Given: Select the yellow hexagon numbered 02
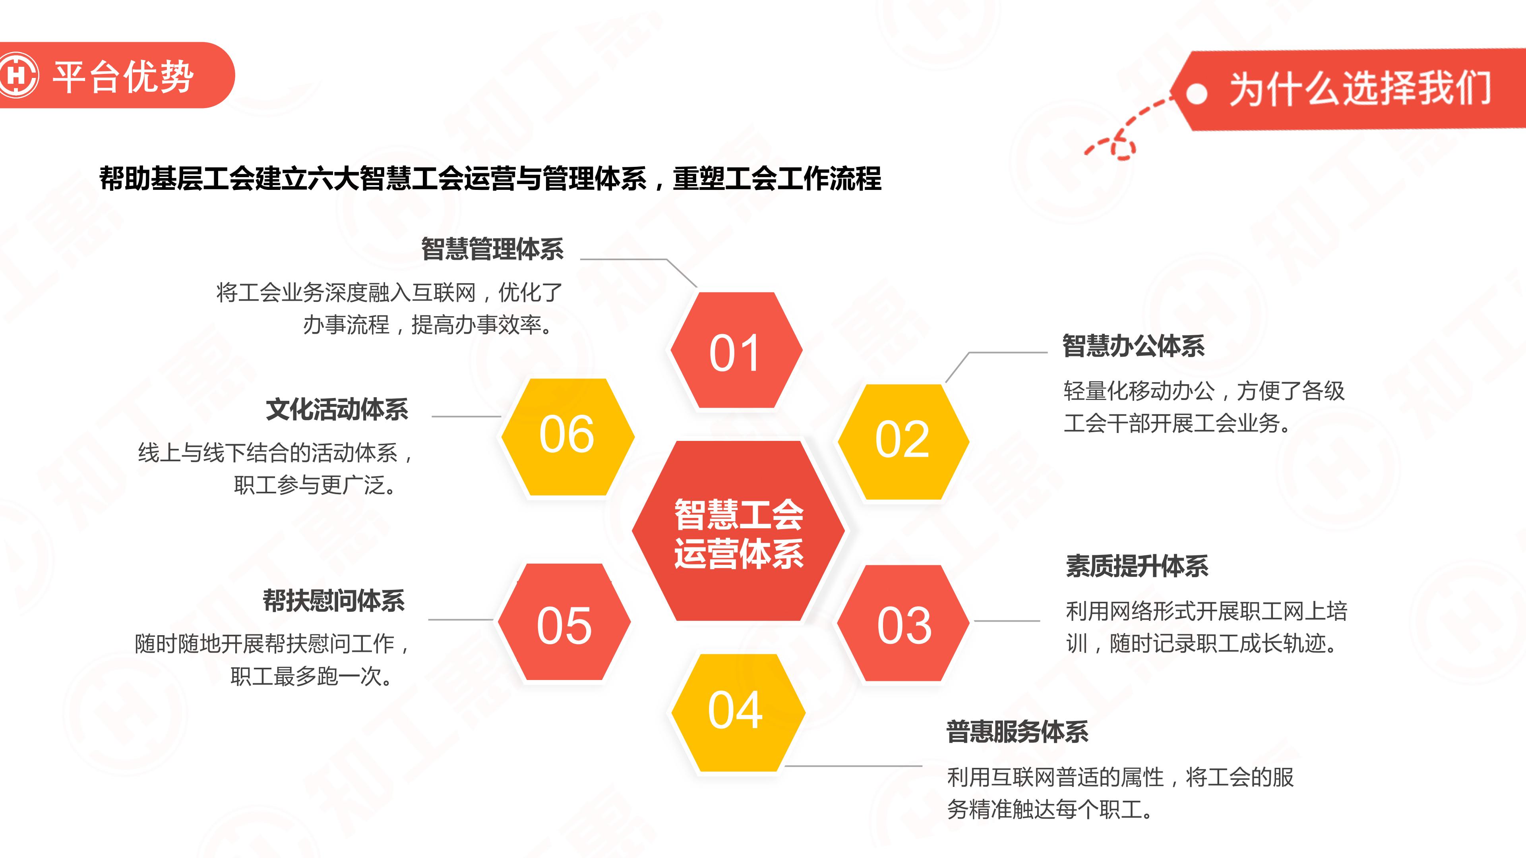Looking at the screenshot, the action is pos(903,442).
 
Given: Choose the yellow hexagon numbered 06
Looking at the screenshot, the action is pos(567,437).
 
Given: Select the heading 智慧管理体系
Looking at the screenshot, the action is pos(492,249).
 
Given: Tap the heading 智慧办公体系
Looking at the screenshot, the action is pos(1133,346).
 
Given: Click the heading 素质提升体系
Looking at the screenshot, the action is pos(1137,566).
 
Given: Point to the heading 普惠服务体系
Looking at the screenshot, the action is pos(1017,731).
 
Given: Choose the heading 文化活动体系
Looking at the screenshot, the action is pos(337,409).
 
